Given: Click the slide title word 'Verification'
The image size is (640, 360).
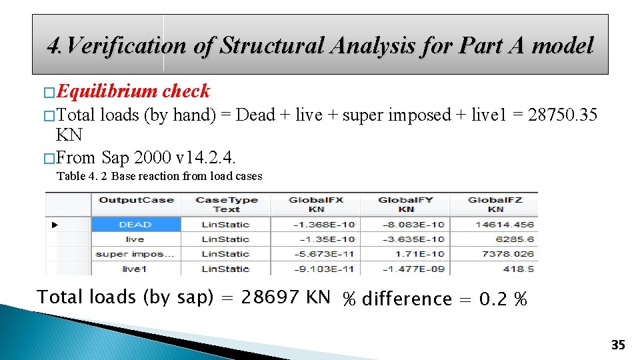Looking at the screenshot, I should tap(127, 45).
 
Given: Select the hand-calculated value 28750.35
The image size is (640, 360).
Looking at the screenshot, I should tap(562, 115).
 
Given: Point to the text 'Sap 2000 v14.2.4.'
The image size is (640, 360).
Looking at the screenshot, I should tap(169, 157).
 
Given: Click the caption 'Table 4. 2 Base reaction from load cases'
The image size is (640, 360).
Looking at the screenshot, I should tap(159, 176).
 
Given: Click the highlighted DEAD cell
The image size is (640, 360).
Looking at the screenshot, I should tap(135, 225).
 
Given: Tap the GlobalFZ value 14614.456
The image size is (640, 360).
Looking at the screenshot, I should tap(504, 225).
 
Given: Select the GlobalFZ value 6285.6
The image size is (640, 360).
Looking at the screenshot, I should tap(515, 239).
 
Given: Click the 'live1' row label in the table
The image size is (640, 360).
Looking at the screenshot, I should tap(134, 269).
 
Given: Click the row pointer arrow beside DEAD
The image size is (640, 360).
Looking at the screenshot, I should tap(55, 225).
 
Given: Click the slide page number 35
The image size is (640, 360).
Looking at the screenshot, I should tap(618, 345).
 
